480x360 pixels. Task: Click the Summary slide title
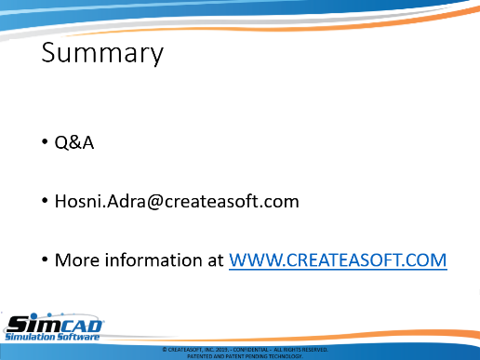click(102, 53)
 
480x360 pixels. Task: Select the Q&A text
click(74, 143)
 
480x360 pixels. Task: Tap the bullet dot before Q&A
click(45, 141)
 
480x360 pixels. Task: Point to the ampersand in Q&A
click(74, 143)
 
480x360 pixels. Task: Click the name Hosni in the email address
click(78, 201)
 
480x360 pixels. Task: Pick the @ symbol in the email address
click(155, 202)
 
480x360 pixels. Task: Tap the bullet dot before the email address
click(45, 200)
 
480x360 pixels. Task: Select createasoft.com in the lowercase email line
click(232, 201)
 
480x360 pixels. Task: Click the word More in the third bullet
click(78, 260)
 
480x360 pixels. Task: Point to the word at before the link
click(216, 260)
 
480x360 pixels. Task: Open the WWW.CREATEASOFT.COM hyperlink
click(338, 260)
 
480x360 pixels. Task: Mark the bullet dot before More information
click(45, 259)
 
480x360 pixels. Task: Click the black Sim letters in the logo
click(33, 324)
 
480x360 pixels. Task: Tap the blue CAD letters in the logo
click(82, 326)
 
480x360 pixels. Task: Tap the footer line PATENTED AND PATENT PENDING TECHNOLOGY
click(245, 356)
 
